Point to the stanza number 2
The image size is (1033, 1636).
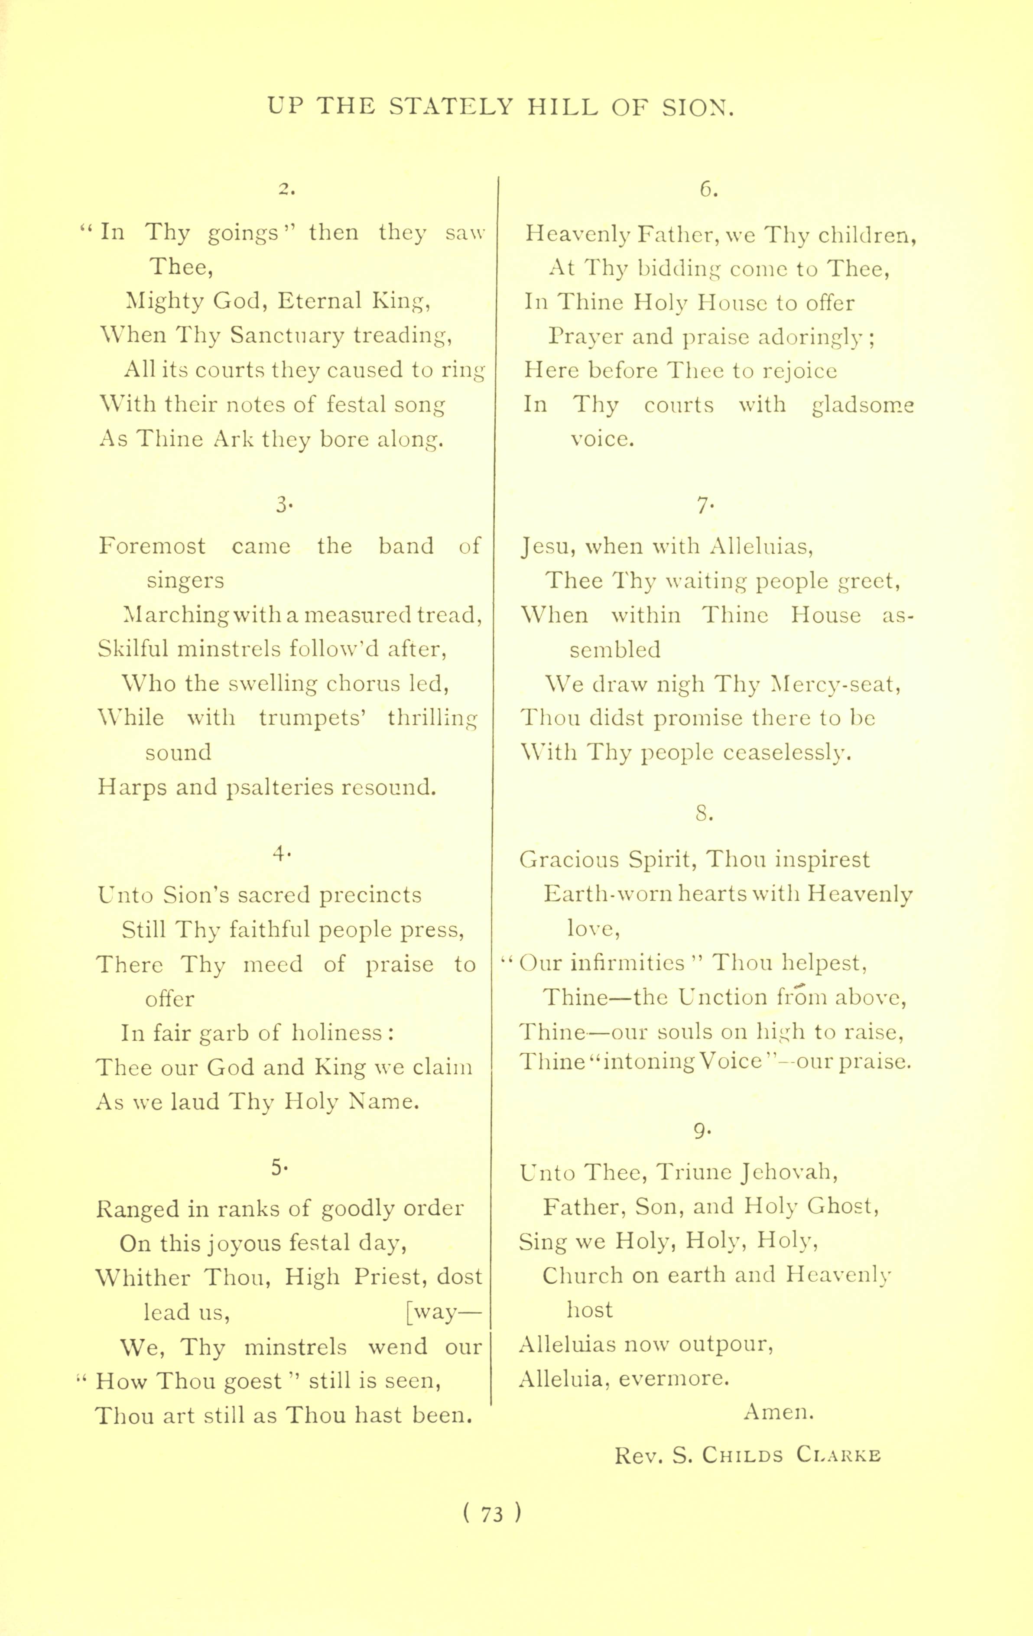pyautogui.click(x=286, y=190)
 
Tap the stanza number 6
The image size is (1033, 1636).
pyautogui.click(x=708, y=190)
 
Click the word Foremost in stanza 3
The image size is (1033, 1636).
pyautogui.click(x=152, y=545)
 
